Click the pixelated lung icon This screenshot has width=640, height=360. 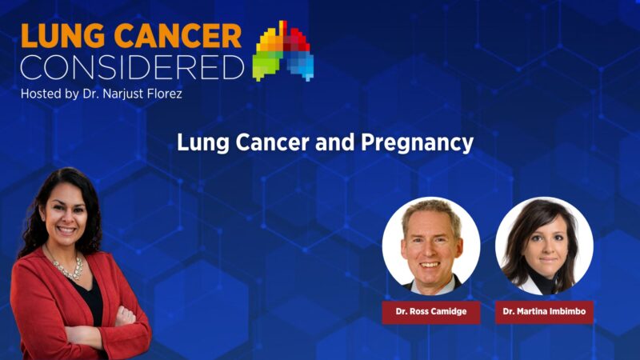283,50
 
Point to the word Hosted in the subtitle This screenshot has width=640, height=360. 44,94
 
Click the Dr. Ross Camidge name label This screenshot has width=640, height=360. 430,311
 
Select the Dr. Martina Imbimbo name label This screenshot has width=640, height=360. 544,311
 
